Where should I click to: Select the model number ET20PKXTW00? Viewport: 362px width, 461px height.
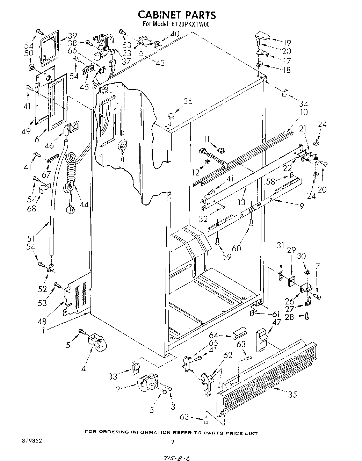(191, 25)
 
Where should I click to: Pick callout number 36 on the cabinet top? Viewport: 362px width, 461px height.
(188, 102)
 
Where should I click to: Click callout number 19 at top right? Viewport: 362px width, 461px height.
(287, 43)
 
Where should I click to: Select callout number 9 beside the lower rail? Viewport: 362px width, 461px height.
(301, 206)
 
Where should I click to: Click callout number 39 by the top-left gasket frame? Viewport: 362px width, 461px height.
(72, 35)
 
